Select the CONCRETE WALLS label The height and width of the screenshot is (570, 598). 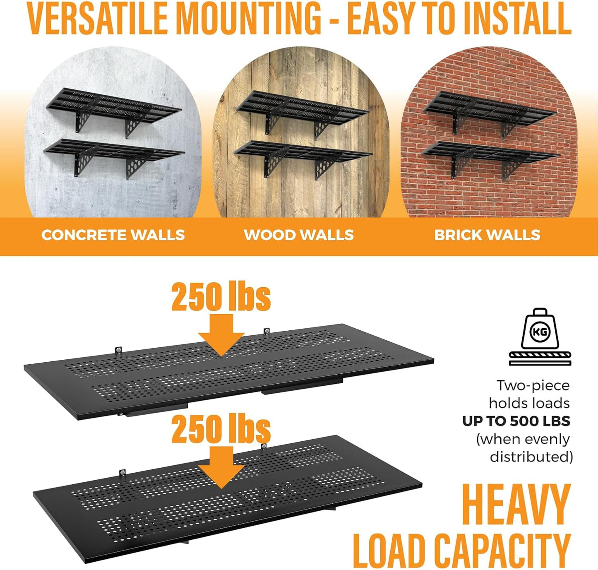113,235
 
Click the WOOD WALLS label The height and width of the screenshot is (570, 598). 299,235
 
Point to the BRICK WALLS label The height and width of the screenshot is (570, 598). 487,235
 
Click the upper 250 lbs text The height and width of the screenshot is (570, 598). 221,297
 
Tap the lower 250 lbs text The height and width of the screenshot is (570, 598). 221,429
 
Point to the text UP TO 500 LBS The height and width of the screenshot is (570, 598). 516,421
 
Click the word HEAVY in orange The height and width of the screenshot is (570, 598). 516,505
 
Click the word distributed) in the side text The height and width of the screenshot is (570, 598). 531,457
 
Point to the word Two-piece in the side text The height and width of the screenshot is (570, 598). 533,385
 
